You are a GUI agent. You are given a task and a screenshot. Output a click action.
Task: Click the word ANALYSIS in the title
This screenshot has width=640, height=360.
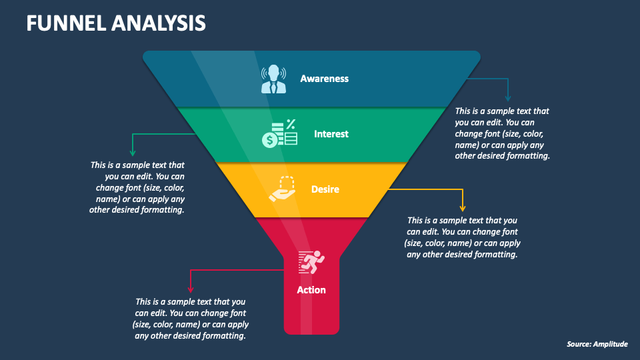tap(160, 23)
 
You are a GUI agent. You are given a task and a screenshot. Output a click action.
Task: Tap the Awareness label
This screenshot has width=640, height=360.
tap(324, 79)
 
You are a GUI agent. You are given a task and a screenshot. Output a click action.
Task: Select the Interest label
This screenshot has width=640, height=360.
tap(331, 134)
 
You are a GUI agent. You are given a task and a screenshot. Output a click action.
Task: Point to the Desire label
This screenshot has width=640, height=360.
tap(325, 189)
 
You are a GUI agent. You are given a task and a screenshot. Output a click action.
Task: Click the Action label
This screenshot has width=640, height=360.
tap(311, 290)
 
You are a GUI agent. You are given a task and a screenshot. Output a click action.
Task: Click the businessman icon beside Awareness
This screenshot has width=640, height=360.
tap(273, 79)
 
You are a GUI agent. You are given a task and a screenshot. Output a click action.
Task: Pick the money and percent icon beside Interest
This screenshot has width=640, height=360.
tap(279, 133)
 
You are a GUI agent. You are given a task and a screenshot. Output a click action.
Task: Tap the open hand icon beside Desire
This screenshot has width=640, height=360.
tap(282, 189)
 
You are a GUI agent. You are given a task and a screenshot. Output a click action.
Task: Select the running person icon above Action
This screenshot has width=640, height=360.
tap(311, 262)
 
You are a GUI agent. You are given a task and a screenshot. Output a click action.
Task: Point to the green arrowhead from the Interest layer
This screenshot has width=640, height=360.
tap(133, 153)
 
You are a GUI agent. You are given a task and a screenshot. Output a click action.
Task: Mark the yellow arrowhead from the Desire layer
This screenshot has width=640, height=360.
tap(462, 208)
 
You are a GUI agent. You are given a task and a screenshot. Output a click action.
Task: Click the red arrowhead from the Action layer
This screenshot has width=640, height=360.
tap(190, 289)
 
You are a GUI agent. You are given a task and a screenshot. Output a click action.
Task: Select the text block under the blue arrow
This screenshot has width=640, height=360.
tap(502, 133)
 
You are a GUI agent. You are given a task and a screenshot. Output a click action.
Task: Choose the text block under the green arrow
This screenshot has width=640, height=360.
tap(137, 187)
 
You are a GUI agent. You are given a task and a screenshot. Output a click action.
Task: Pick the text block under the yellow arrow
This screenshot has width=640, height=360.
tap(462, 237)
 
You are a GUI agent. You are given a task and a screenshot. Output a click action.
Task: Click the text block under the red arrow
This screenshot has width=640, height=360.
tap(191, 319)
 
